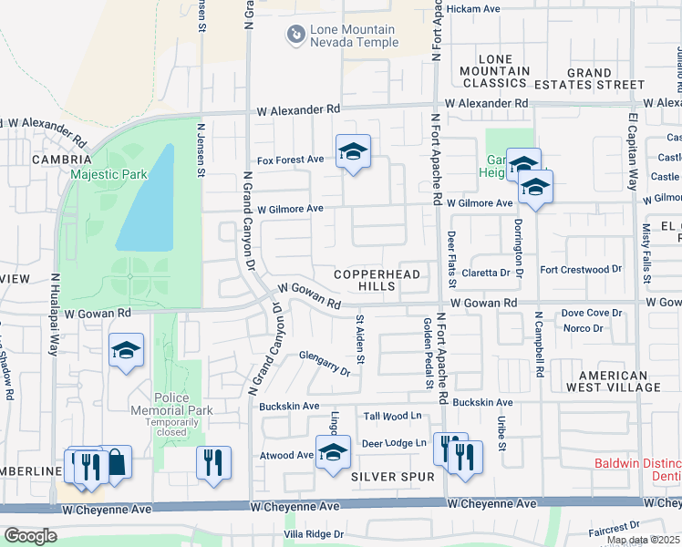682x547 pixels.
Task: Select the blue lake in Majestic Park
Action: tap(146, 201)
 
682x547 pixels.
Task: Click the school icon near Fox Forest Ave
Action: tap(353, 151)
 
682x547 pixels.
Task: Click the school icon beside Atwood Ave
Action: tap(333, 452)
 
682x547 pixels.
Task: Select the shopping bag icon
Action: tap(115, 463)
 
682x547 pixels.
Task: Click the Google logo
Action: tap(29, 536)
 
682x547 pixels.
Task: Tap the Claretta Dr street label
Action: tap(485, 273)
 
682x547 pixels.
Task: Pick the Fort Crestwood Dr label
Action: tap(580, 270)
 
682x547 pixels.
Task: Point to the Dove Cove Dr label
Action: tap(591, 313)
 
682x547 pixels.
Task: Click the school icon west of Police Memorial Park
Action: tap(126, 351)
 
